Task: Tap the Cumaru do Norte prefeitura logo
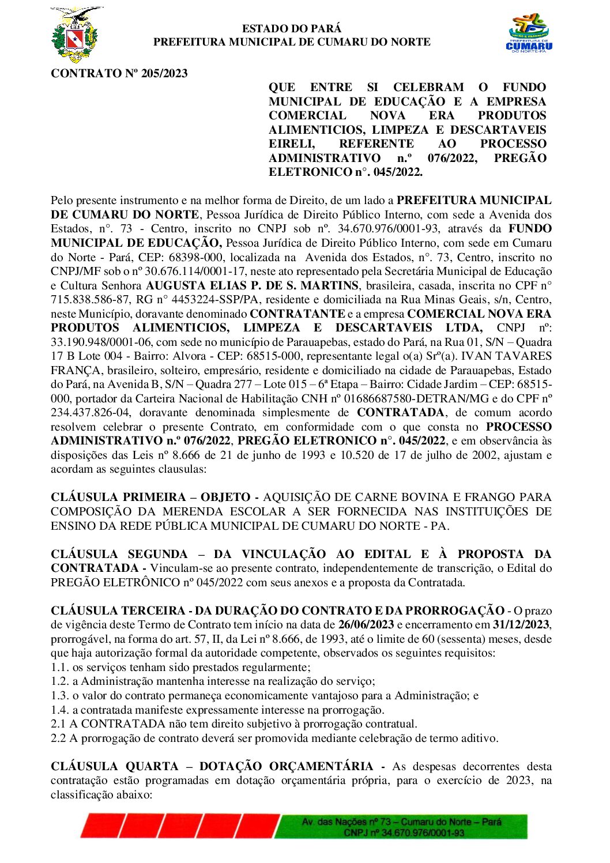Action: pos(529,34)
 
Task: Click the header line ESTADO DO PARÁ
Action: pos(291,28)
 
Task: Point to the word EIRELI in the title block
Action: pos(292,144)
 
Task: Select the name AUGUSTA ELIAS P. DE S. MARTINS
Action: pos(252,285)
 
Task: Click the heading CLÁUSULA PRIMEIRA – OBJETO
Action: pos(150,497)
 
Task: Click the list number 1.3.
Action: pos(59,696)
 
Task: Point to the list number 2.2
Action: pos(58,738)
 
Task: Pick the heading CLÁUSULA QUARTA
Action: pos(115,767)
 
